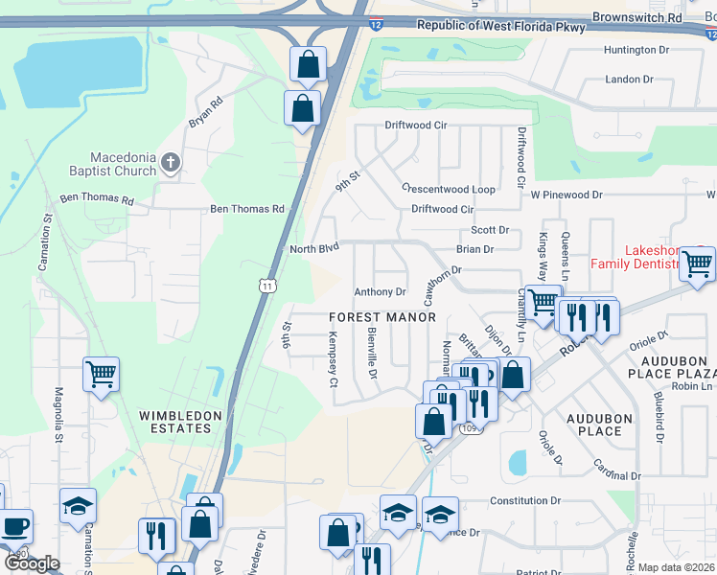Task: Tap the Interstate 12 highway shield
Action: tap(374, 21)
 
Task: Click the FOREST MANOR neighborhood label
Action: tap(382, 317)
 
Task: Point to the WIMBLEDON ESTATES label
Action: tap(180, 422)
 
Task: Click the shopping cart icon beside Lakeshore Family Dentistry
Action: tap(697, 264)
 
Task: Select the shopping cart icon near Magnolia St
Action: tap(102, 376)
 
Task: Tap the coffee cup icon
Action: tap(14, 526)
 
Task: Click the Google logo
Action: tap(32, 563)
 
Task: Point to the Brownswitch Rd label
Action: tap(636, 17)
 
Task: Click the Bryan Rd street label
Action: tap(205, 111)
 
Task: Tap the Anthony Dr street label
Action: tap(381, 292)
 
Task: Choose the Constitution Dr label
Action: tap(524, 500)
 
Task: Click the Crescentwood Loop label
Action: tap(448, 189)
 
